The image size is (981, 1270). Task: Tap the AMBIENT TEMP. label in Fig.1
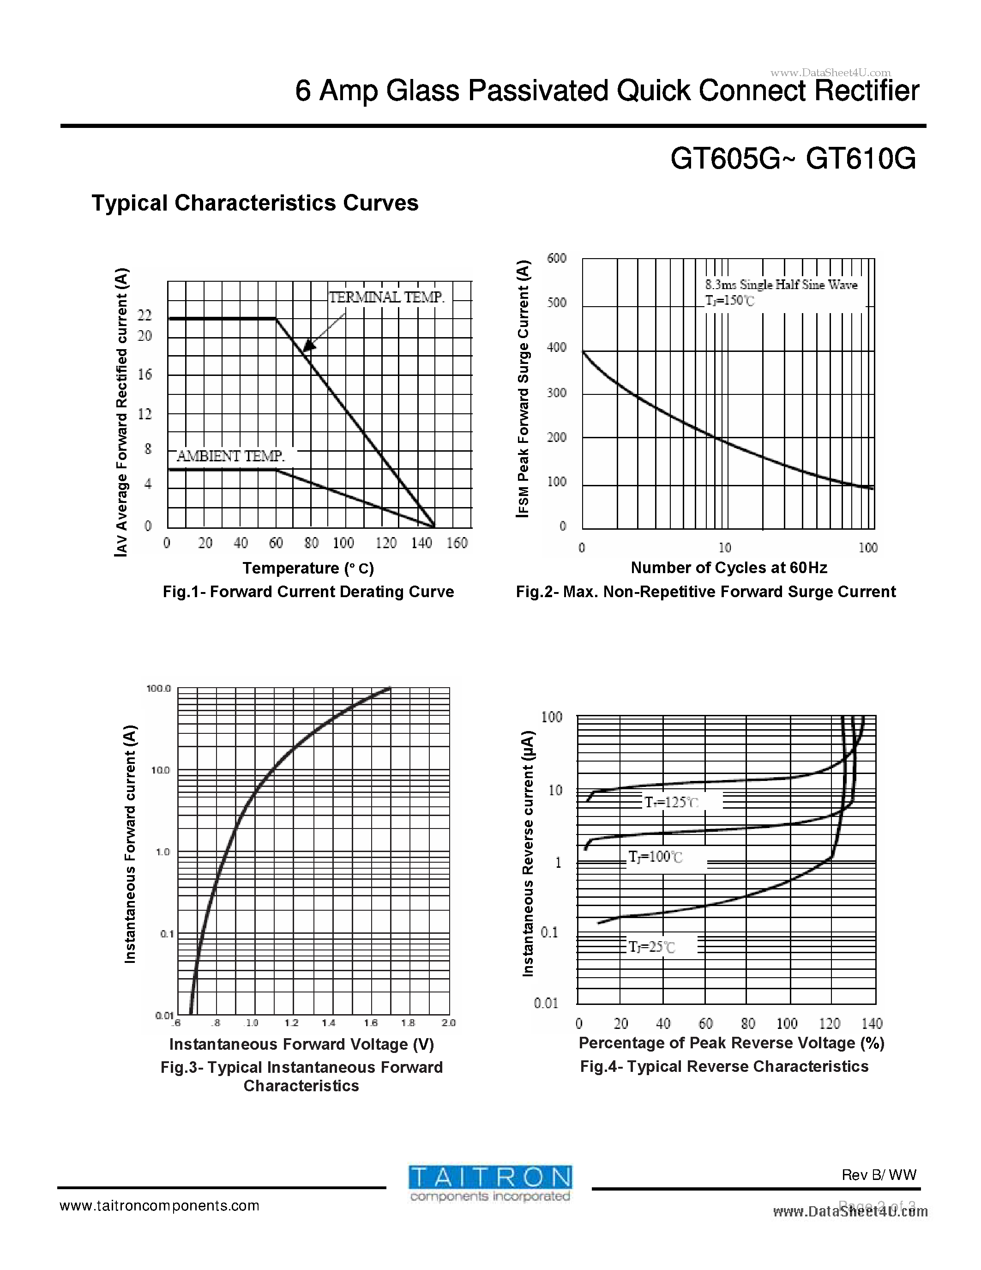pos(231,456)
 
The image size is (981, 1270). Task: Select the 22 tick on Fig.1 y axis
pos(144,315)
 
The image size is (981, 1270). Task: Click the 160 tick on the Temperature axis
pos(457,543)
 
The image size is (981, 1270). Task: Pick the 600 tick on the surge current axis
pos(556,258)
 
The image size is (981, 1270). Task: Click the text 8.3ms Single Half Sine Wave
pos(781,285)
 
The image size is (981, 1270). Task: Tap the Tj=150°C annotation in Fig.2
pos(729,301)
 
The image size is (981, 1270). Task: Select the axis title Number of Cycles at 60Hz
pos(729,568)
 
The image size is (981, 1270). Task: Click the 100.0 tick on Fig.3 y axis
pos(158,689)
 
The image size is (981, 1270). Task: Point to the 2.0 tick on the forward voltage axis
pos(448,1023)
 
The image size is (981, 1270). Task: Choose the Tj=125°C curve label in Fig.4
pos(672,803)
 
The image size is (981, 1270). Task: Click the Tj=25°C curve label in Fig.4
pos(652,947)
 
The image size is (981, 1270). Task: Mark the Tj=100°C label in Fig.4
pos(656,857)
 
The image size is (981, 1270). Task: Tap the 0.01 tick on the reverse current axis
pos(546,1003)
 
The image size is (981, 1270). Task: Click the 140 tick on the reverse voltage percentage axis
pos(872,1023)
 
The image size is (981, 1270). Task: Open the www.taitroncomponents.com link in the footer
pos(159,1206)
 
